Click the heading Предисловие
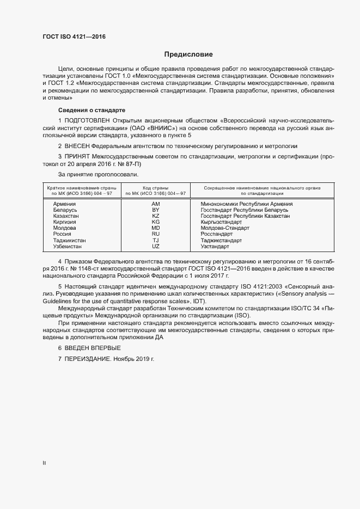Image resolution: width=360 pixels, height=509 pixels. click(x=189, y=54)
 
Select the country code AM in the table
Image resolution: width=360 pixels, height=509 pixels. click(x=155, y=203)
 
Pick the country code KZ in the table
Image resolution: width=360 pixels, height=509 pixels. click(x=155, y=216)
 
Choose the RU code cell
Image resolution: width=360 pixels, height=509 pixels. click(x=155, y=234)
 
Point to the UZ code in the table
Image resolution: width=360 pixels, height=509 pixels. click(x=155, y=247)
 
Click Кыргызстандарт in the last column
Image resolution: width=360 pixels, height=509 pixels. click(x=221, y=222)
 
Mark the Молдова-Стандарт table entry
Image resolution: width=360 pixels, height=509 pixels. click(x=225, y=228)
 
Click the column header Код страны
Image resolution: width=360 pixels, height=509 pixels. click(x=155, y=187)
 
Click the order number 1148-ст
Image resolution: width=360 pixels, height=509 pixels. click(x=97, y=269)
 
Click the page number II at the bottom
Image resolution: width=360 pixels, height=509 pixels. click(x=44, y=463)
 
